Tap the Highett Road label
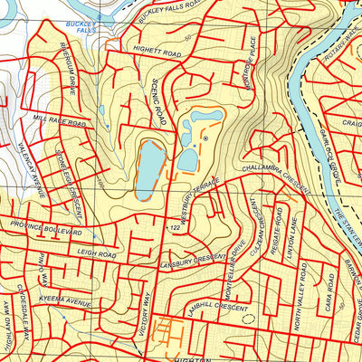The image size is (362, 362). pos(156,55)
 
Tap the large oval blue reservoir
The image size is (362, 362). pos(149,168)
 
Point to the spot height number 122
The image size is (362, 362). pos(176,227)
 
